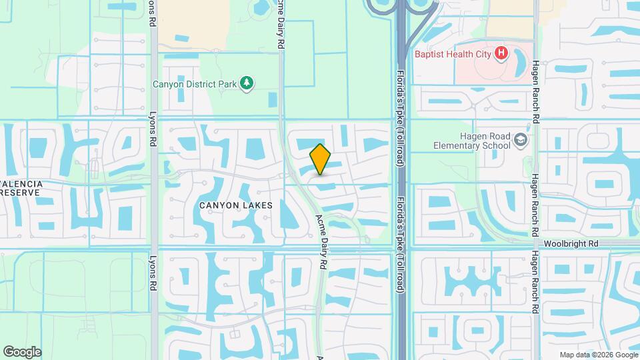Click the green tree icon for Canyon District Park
click(247, 83)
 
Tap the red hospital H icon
click(501, 53)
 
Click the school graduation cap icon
click(521, 140)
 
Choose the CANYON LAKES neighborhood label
click(236, 205)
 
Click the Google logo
click(22, 352)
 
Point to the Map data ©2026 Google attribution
click(599, 355)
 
